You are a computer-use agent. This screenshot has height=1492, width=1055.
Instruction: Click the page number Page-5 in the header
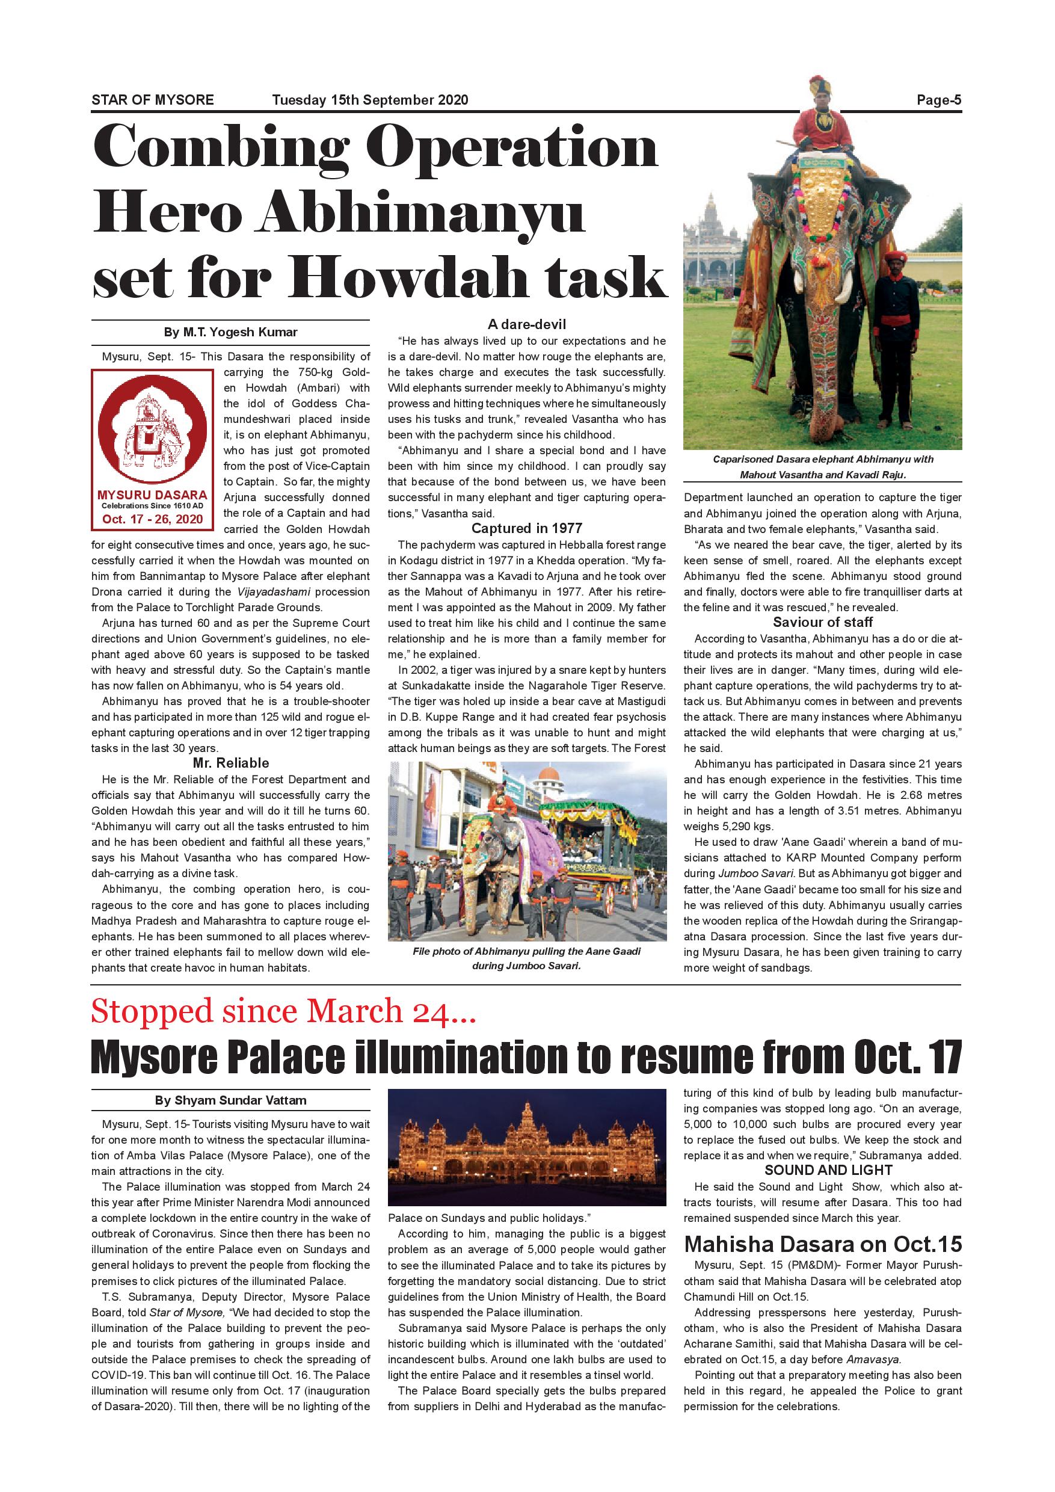click(938, 100)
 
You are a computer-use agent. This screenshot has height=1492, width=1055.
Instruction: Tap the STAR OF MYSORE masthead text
click(153, 100)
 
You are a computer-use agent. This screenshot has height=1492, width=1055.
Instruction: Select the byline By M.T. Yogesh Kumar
click(230, 332)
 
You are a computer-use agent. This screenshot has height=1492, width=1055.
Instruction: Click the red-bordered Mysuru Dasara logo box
click(152, 449)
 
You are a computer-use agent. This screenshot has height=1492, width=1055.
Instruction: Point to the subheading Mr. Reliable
click(230, 763)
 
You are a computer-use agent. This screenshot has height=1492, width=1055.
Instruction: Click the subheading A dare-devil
click(527, 324)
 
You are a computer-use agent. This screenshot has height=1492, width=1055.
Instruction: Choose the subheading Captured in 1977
click(527, 528)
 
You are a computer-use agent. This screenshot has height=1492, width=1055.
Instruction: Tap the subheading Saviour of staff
click(822, 622)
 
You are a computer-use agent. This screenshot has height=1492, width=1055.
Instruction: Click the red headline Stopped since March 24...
click(284, 1012)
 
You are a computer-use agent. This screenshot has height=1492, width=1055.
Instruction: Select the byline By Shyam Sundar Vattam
click(230, 1100)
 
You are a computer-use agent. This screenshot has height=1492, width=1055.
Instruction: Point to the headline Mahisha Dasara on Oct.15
click(822, 1244)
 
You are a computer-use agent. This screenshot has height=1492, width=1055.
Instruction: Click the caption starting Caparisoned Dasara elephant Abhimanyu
click(822, 467)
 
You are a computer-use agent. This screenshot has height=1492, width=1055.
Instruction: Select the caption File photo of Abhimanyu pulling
click(527, 958)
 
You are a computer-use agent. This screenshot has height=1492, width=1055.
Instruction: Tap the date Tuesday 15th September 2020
click(370, 100)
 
